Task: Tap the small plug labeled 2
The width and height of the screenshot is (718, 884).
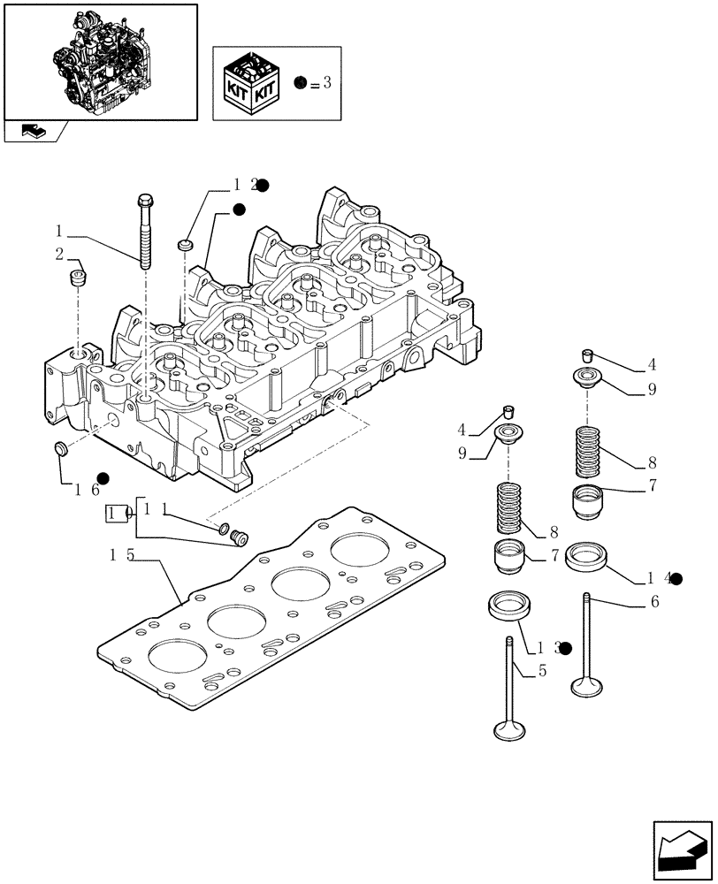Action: (x=77, y=279)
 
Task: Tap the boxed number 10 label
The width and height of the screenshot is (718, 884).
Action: (x=117, y=513)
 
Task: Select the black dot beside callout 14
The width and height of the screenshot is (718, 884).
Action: (x=676, y=578)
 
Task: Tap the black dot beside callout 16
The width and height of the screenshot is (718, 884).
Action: (x=103, y=478)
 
